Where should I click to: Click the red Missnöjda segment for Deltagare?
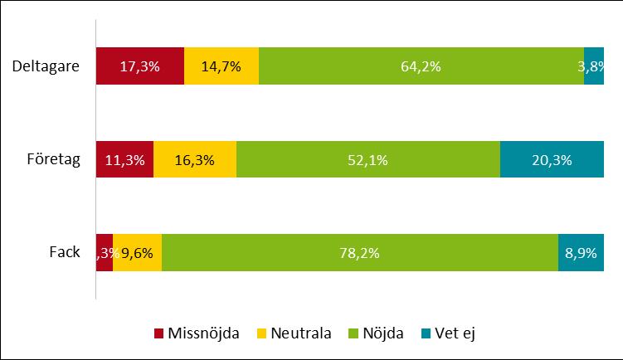click(x=139, y=66)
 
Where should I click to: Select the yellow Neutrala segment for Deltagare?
click(x=221, y=66)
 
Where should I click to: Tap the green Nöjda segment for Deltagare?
click(x=421, y=66)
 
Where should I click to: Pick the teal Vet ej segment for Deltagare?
click(x=594, y=66)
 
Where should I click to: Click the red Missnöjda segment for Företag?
click(x=124, y=160)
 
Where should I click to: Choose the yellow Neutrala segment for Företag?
click(x=195, y=160)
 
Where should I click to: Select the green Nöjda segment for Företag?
click(x=367, y=160)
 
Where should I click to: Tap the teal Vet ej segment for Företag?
click(x=552, y=160)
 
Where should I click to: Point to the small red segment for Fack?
click(x=105, y=253)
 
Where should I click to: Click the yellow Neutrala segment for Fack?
click(x=137, y=253)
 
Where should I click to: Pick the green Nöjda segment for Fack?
click(x=359, y=253)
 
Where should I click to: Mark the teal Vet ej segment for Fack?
click(x=581, y=253)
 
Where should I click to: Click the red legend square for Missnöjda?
click(x=159, y=333)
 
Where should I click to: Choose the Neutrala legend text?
click(x=293, y=333)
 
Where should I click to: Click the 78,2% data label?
click(x=359, y=253)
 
